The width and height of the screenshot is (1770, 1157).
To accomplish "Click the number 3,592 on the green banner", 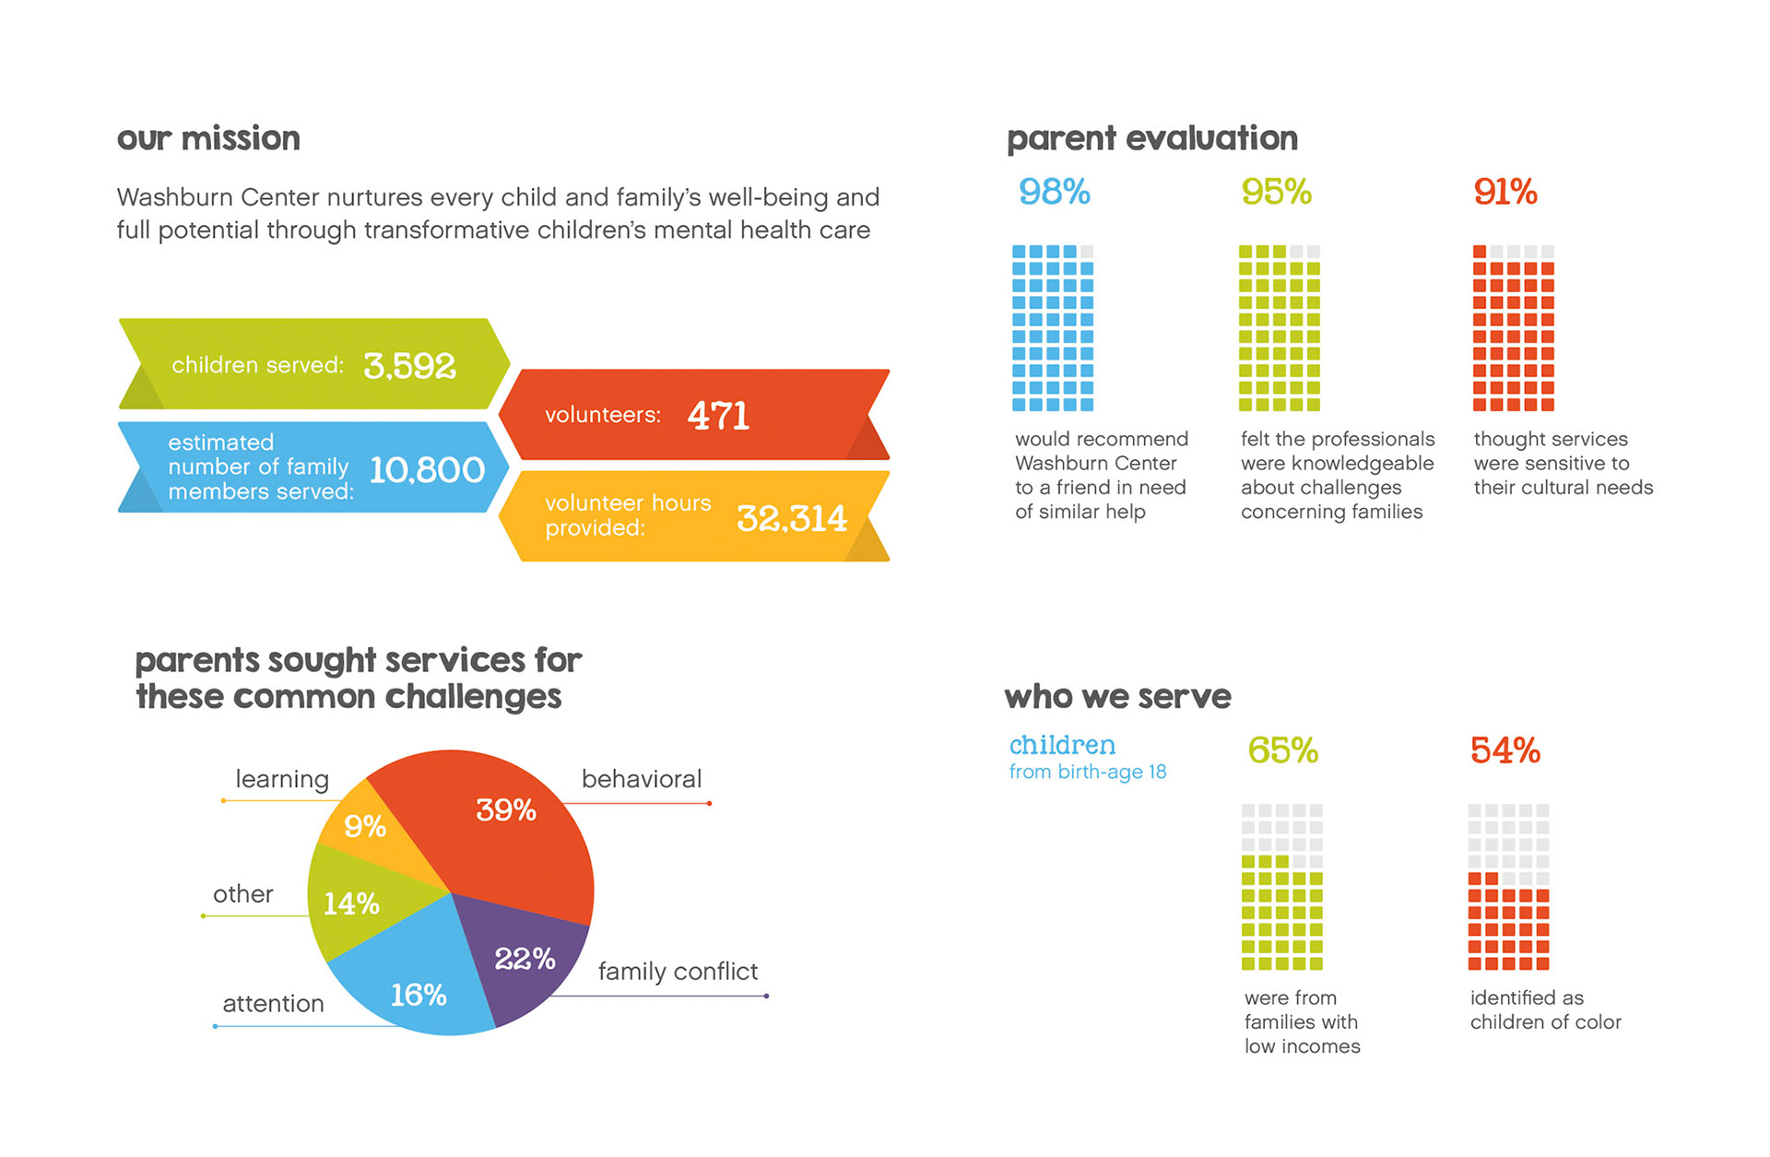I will click(x=409, y=366).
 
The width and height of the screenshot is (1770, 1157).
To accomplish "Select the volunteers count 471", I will click(x=718, y=416).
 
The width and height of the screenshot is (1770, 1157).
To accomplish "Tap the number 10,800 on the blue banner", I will click(x=427, y=470).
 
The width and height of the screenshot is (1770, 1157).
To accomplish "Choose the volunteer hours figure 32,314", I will click(x=791, y=518).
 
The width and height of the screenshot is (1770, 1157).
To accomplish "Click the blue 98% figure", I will click(x=1054, y=192).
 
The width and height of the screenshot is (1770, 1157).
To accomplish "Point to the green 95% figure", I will click(x=1276, y=192).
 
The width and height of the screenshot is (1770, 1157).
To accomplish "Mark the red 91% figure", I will click(x=1504, y=192).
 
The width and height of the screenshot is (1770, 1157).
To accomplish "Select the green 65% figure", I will click(x=1282, y=750).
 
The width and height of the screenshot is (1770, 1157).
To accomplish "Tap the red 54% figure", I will click(x=1504, y=750).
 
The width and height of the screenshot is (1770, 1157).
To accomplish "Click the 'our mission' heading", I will click(x=208, y=138).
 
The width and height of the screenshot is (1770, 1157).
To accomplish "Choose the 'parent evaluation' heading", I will click(x=1151, y=138).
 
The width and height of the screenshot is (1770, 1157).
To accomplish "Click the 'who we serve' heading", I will click(x=1117, y=696).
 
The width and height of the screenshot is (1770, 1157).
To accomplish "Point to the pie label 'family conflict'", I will click(x=678, y=971).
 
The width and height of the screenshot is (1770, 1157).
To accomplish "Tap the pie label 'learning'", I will click(x=281, y=779).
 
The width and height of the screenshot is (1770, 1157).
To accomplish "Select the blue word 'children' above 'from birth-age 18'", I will click(x=1062, y=745).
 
